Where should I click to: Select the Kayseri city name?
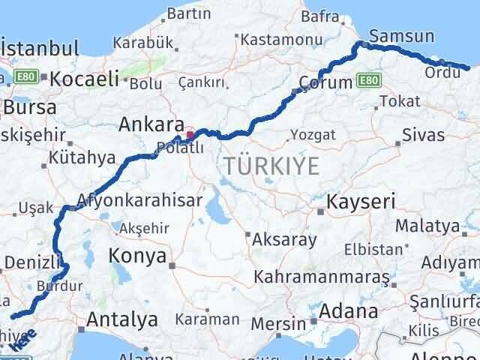(x=357, y=202)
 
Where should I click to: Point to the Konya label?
(x=137, y=256)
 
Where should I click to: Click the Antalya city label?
(x=122, y=319)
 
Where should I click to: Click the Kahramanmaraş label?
(x=322, y=277)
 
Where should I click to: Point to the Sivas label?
(x=424, y=136)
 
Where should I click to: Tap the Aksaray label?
(x=285, y=240)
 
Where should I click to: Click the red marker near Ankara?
(x=190, y=136)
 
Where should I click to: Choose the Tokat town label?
(x=394, y=100)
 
